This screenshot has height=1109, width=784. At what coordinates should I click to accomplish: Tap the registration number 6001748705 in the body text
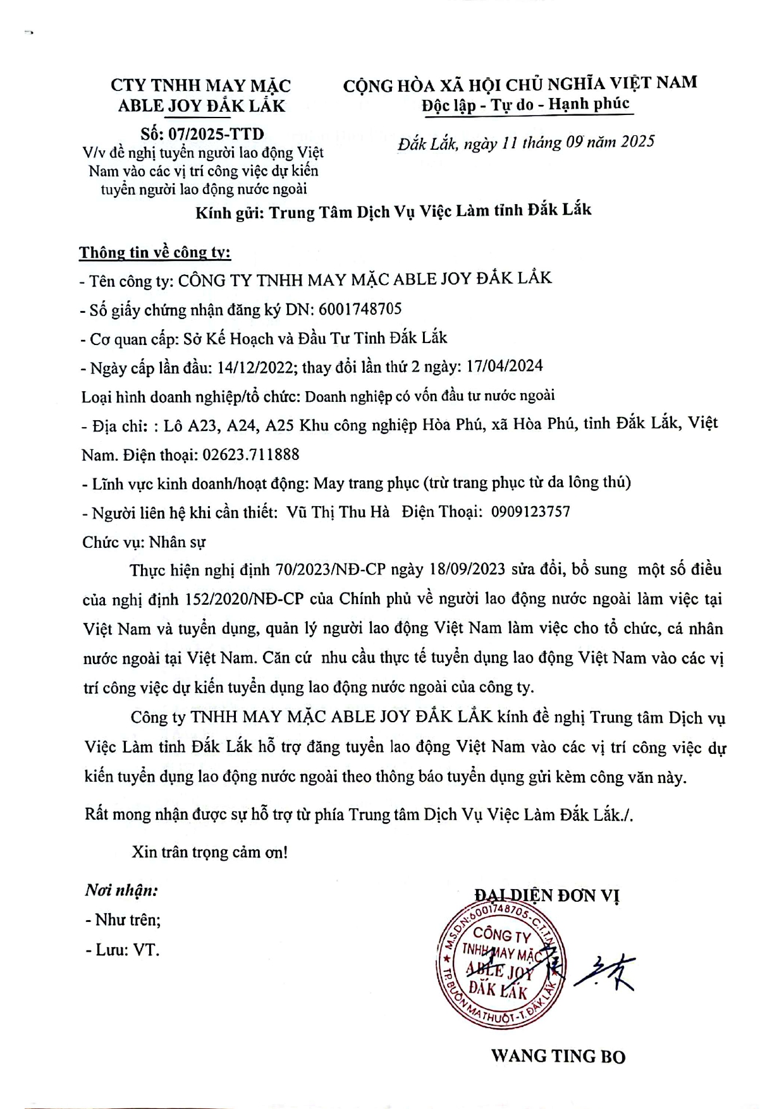(x=360, y=309)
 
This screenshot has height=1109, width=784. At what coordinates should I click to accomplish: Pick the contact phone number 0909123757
(x=530, y=511)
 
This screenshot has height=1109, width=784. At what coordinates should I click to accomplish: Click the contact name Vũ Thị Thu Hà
(x=338, y=512)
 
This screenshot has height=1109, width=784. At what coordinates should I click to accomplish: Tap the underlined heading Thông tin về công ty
(x=155, y=253)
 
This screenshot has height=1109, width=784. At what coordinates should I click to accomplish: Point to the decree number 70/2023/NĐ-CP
(x=330, y=569)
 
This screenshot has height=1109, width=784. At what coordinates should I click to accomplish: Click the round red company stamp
(x=498, y=962)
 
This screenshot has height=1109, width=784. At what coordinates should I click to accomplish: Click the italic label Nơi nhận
(x=121, y=891)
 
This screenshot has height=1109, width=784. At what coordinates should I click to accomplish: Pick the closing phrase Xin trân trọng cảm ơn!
(x=209, y=852)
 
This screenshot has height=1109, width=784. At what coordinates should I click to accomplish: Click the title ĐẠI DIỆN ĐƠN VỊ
(x=547, y=895)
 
